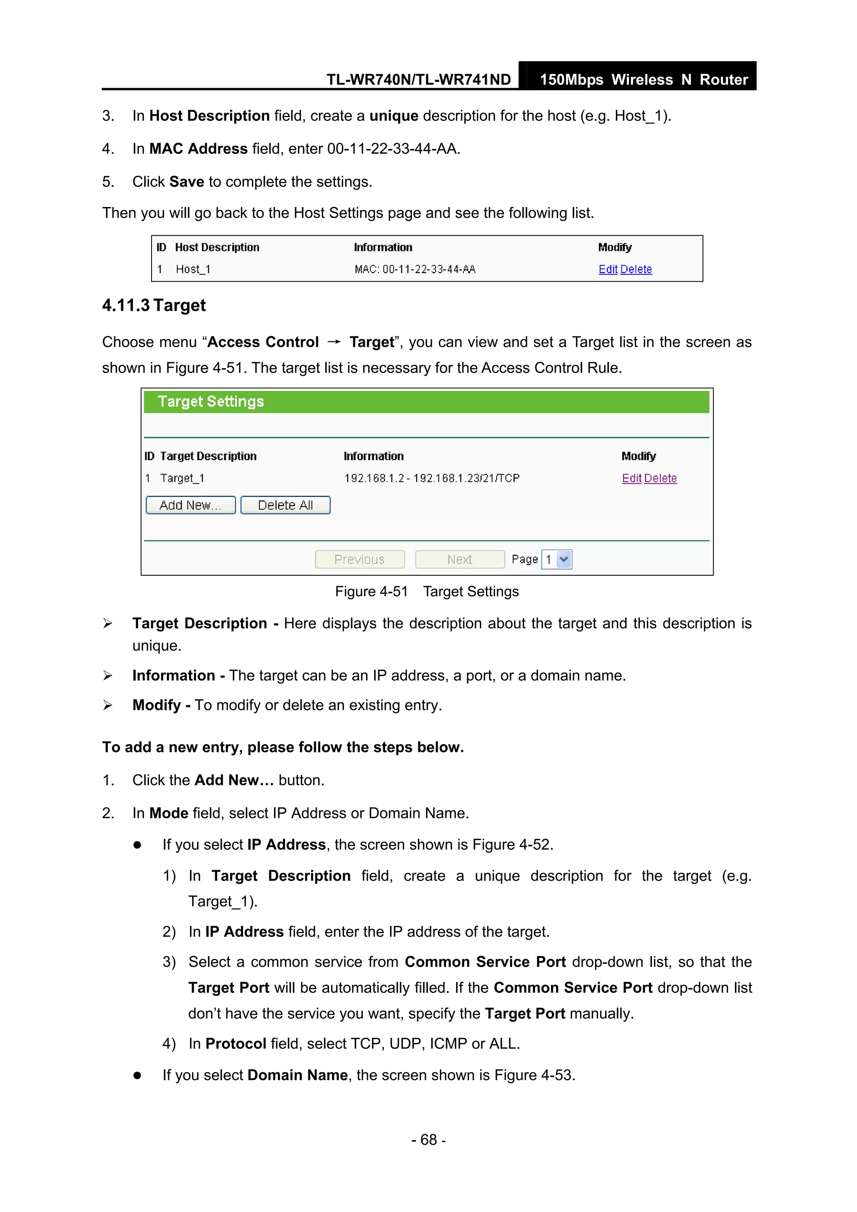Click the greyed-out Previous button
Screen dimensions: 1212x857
click(x=359, y=559)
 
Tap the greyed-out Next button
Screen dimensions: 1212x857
click(x=459, y=559)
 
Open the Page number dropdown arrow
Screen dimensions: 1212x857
click(x=564, y=559)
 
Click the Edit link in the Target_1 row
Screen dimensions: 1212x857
click(x=631, y=478)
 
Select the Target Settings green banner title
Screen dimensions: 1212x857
click(x=210, y=402)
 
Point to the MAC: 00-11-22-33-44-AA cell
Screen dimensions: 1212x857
click(x=415, y=269)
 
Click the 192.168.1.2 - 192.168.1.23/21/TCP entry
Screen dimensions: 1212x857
click(x=431, y=478)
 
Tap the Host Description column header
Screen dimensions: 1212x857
click(x=217, y=248)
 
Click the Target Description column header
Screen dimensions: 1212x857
click(x=208, y=456)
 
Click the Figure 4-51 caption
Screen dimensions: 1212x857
click(x=427, y=592)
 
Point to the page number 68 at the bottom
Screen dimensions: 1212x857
click(x=428, y=1140)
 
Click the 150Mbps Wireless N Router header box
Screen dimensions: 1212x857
click(x=643, y=79)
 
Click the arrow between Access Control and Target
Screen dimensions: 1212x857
click(x=334, y=342)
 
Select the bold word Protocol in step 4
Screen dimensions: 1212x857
click(x=236, y=1043)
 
